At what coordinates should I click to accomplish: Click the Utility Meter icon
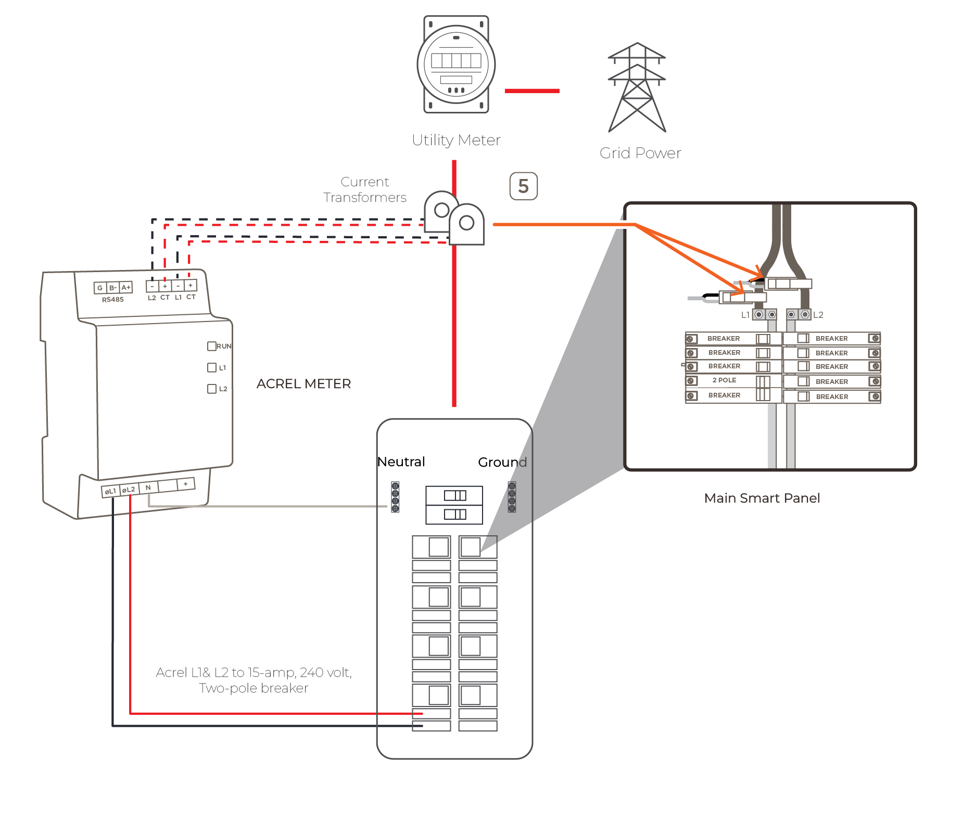pyautogui.click(x=456, y=64)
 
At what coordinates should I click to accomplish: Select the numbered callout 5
pyautogui.click(x=523, y=186)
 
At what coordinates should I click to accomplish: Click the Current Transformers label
pyautogui.click(x=364, y=189)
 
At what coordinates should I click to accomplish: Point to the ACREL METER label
pyautogui.click(x=303, y=384)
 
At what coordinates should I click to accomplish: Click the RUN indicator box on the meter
pyautogui.click(x=212, y=346)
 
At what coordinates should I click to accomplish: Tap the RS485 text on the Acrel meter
pyautogui.click(x=112, y=300)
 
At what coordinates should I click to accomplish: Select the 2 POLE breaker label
pyautogui.click(x=724, y=380)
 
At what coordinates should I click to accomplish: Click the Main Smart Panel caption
pyautogui.click(x=762, y=498)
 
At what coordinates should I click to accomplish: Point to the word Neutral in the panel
pyautogui.click(x=401, y=462)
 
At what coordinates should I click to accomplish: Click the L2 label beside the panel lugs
pyautogui.click(x=818, y=315)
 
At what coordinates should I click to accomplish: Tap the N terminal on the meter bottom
pyautogui.click(x=148, y=487)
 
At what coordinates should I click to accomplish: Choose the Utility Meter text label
pyautogui.click(x=456, y=140)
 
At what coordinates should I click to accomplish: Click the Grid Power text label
pyautogui.click(x=640, y=153)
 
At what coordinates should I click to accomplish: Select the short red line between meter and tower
pyautogui.click(x=532, y=91)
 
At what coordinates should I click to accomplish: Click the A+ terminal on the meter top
pyautogui.click(x=126, y=287)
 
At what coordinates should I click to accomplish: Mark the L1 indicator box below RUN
pyautogui.click(x=212, y=367)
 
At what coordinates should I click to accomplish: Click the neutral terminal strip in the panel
pyautogui.click(x=395, y=497)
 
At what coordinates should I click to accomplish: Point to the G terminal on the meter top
pyautogui.click(x=100, y=288)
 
